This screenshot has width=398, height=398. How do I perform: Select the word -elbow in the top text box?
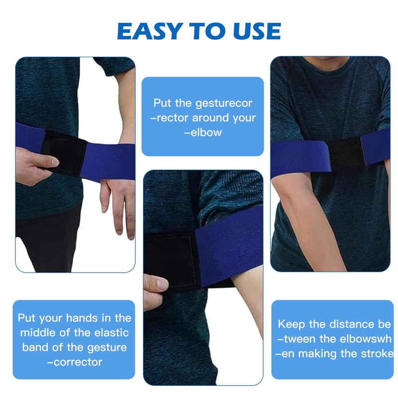tap(202, 133)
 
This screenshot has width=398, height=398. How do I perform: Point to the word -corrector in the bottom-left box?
tap(75, 362)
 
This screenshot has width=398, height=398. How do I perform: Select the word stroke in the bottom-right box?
tap(374, 354)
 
